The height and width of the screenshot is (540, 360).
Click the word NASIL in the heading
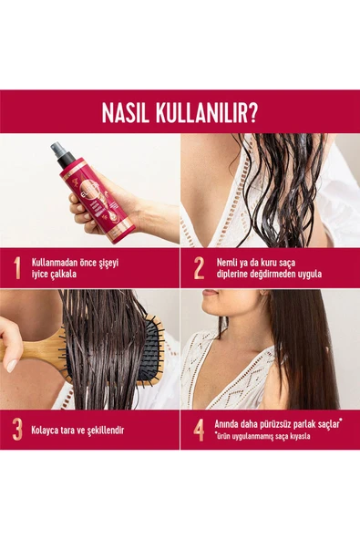131,114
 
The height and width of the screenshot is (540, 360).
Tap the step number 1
16,267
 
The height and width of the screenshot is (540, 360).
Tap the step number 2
199,267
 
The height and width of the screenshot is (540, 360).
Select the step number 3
16,429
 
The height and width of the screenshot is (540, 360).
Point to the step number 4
199,429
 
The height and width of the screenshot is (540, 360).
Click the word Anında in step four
231,423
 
